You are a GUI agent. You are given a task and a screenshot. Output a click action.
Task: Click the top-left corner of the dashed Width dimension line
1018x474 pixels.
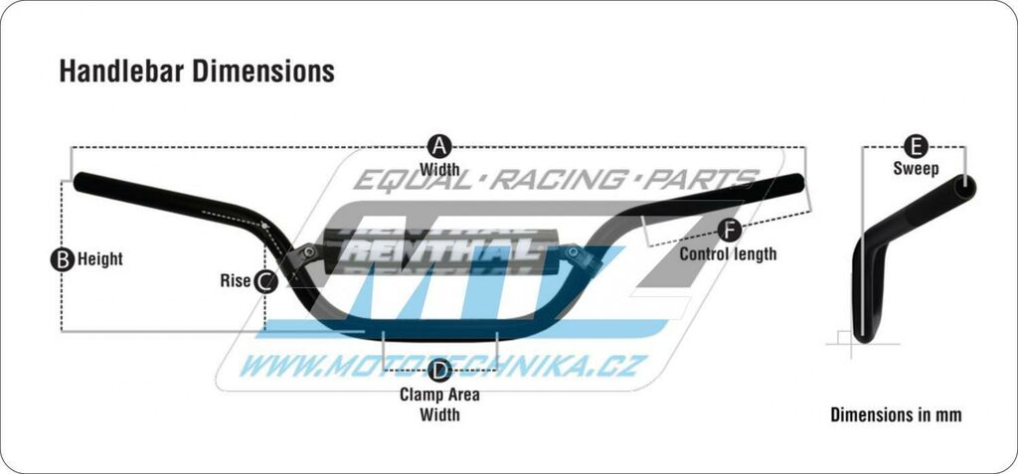coord(71,148)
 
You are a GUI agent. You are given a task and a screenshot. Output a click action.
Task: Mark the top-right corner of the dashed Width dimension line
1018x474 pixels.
coord(805,148)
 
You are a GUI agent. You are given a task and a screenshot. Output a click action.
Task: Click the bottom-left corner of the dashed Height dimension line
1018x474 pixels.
coord(62,331)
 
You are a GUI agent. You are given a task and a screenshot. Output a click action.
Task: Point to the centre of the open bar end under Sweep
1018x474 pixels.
coord(964,187)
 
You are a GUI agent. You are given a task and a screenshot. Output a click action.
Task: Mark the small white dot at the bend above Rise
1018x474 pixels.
coord(264,226)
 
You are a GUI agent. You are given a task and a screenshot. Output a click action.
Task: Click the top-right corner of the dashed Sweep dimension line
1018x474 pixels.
coord(965,147)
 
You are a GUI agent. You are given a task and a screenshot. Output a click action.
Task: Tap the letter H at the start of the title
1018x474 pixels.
coord(66,72)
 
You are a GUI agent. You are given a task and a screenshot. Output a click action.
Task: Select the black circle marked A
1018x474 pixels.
coord(438,147)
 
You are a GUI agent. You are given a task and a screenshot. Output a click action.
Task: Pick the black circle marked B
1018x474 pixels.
coord(62,259)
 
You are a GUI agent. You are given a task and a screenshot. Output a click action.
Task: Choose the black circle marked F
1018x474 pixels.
coord(730,231)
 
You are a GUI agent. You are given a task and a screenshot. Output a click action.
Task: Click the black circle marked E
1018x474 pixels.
coord(916,147)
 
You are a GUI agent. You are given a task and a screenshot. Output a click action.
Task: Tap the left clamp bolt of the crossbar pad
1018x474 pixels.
coord(310,250)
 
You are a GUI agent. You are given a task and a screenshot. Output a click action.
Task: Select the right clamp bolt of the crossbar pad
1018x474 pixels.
coord(573,250)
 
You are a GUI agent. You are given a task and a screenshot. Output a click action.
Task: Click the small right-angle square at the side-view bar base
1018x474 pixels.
coord(843,336)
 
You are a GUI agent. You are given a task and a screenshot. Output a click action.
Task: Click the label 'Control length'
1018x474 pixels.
coord(728,253)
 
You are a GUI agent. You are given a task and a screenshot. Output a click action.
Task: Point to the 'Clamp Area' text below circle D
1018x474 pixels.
coord(439,395)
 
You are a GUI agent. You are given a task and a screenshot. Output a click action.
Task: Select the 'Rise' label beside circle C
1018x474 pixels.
coord(235,281)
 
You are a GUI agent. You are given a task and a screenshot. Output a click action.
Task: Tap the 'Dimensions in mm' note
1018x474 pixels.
coord(896,415)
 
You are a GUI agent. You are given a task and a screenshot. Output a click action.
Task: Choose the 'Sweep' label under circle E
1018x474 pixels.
coord(916,169)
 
